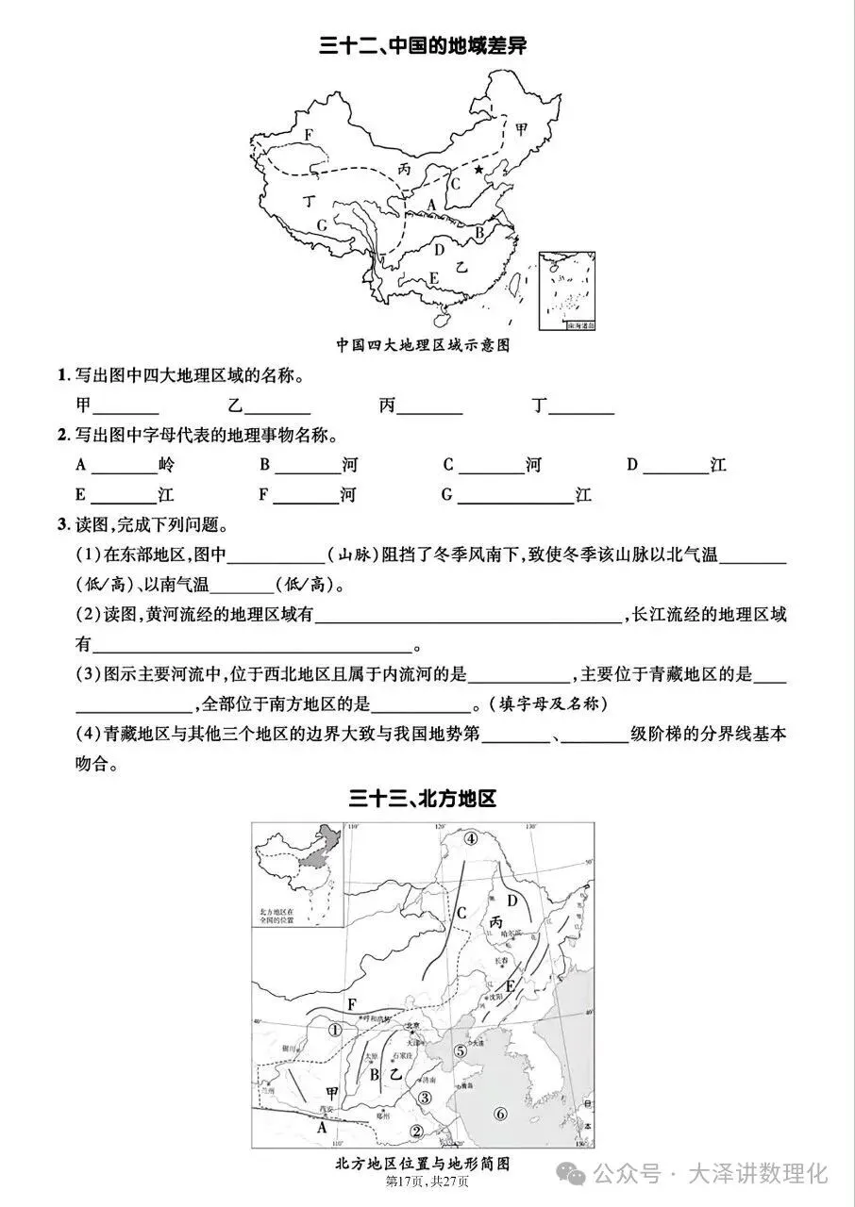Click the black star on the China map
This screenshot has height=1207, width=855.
(x=478, y=170)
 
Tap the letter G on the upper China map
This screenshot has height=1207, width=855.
(x=322, y=224)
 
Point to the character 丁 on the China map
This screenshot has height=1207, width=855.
(x=308, y=201)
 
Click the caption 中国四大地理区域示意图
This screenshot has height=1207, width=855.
(x=423, y=345)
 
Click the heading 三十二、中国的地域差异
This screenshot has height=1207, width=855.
(x=422, y=46)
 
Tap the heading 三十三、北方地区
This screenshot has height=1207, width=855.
(x=422, y=800)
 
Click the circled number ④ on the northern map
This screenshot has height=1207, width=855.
(x=471, y=838)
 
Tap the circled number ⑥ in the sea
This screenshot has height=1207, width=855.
(x=500, y=1114)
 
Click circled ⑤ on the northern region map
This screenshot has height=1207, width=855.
(x=460, y=1050)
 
